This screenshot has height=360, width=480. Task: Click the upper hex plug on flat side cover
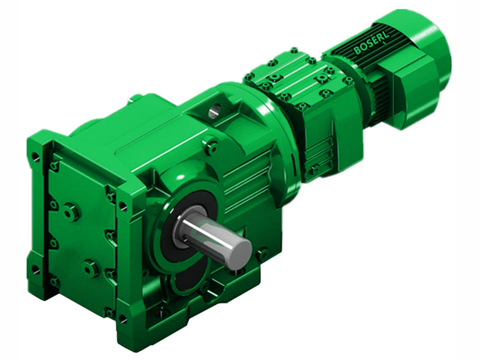[x=71, y=212]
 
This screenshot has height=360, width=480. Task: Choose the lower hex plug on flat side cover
[x=91, y=268]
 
